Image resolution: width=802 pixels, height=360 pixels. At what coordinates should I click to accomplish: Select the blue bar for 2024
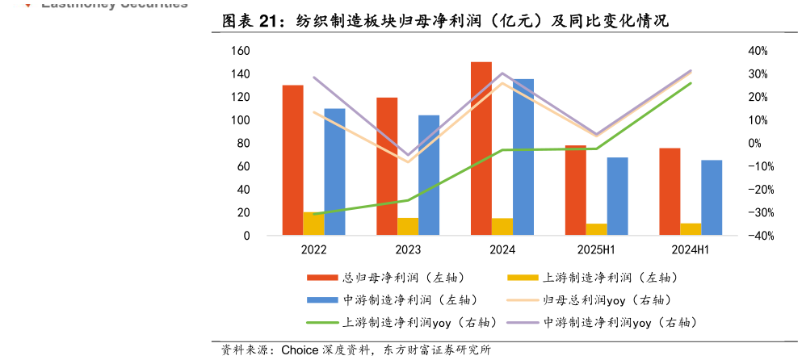click(523, 157)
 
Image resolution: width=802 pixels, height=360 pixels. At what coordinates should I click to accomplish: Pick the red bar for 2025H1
click(575, 190)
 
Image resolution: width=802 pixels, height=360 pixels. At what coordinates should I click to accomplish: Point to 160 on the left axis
click(240, 51)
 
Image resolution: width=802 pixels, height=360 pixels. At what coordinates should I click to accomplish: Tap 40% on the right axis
click(757, 51)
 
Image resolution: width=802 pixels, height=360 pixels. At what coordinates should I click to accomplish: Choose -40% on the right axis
click(755, 237)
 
